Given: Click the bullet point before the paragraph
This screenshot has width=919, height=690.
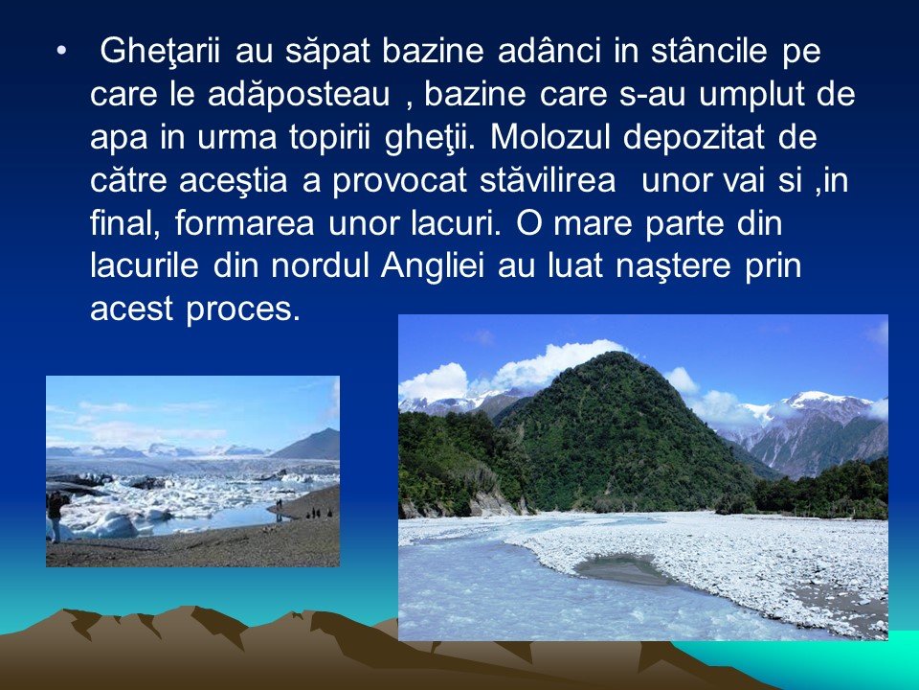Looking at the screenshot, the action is point(61,52).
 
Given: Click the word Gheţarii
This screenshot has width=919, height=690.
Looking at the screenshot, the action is point(160,52).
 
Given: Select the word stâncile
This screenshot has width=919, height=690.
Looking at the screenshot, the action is point(708,51).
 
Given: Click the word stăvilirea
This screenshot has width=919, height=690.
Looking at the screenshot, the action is point(548,181).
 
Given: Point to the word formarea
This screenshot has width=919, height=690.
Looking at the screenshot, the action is point(244,224).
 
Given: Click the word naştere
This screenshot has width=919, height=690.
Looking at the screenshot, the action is point(673,267).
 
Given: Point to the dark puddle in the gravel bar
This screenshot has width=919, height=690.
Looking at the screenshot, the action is point(621,568).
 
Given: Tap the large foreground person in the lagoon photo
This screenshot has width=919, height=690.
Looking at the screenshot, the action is point(56,517).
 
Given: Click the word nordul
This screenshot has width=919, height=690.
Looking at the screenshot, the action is point(320,267).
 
